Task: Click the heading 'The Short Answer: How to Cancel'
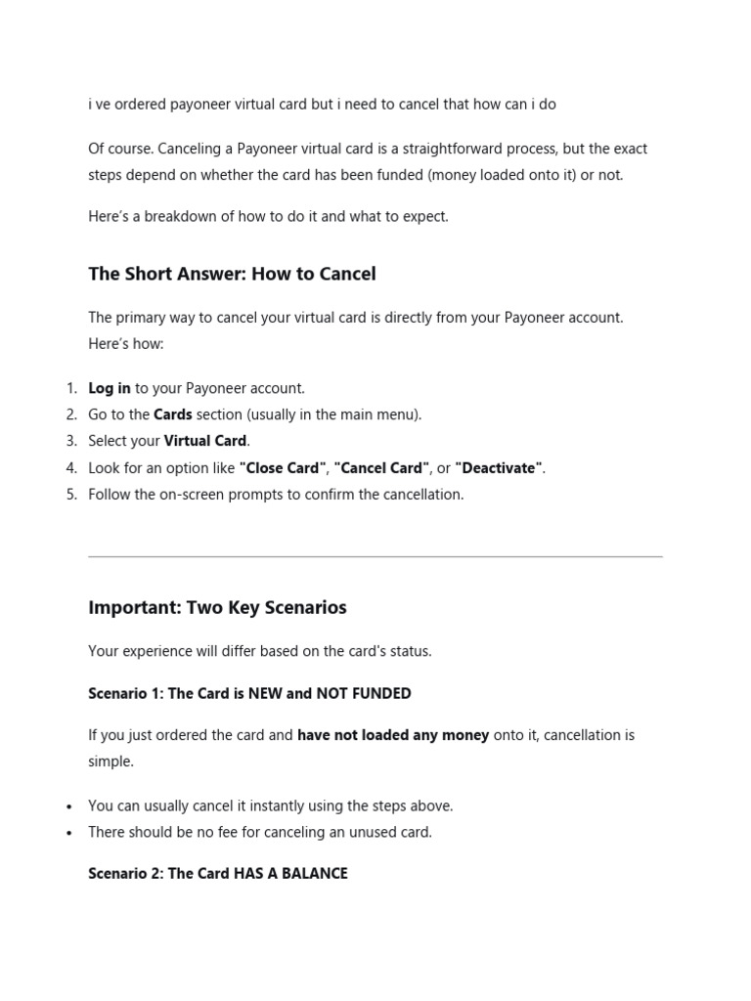pyautogui.click(x=232, y=274)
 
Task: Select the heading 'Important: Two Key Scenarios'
pyautogui.click(x=217, y=607)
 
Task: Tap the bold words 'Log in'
pyautogui.click(x=110, y=388)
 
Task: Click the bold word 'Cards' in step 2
pyautogui.click(x=173, y=414)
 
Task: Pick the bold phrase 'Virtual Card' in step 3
pyautogui.click(x=206, y=441)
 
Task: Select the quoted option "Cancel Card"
pyautogui.click(x=381, y=468)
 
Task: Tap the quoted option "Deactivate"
pyautogui.click(x=499, y=468)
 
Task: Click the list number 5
pyautogui.click(x=71, y=495)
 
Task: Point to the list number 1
pyautogui.click(x=71, y=388)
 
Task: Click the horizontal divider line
pyautogui.click(x=375, y=557)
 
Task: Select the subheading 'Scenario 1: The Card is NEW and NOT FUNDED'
pyautogui.click(x=249, y=693)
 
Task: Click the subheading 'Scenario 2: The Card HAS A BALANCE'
pyautogui.click(x=218, y=873)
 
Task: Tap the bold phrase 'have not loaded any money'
pyautogui.click(x=393, y=735)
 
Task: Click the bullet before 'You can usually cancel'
pyautogui.click(x=68, y=807)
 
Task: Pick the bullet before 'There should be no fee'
pyautogui.click(x=68, y=834)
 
